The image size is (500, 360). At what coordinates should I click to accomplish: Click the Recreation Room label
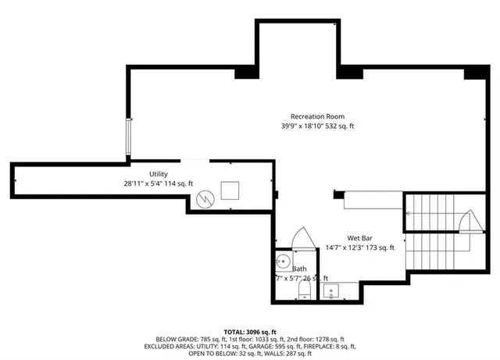317,116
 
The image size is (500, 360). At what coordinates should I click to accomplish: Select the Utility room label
159,173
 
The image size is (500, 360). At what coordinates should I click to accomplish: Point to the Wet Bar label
363,238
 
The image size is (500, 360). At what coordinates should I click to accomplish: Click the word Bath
299,268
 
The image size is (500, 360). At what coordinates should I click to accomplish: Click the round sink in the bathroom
284,261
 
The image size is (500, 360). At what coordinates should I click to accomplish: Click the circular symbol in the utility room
204,198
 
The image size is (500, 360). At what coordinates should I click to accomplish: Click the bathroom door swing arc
300,237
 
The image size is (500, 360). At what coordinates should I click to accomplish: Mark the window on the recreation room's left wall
129,138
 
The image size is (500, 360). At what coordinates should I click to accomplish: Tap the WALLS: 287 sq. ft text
279,353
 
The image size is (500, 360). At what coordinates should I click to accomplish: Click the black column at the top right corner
474,73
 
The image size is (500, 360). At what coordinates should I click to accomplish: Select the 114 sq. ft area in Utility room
177,183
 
